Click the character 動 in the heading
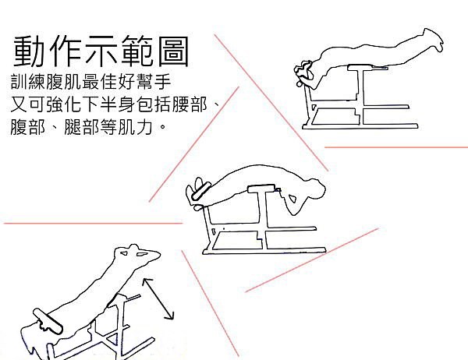(x=28, y=51)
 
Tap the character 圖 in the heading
(x=173, y=51)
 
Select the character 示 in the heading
(x=101, y=51)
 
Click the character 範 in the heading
(x=137, y=51)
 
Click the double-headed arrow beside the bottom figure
(x=158, y=299)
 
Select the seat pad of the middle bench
(x=262, y=189)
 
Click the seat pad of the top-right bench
(x=367, y=68)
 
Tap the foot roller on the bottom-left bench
(x=48, y=320)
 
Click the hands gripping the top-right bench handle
(x=303, y=71)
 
